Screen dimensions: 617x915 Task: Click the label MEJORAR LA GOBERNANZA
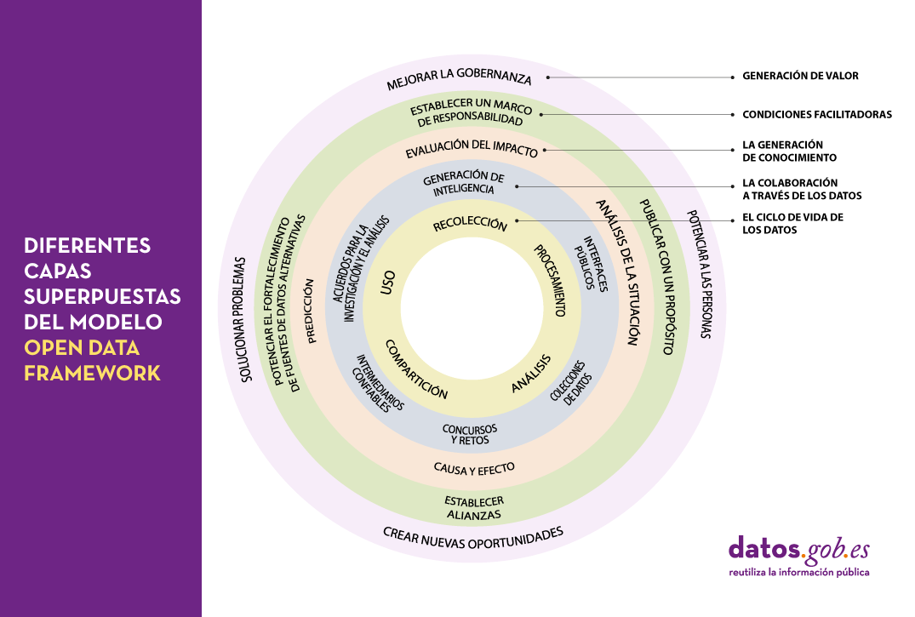(x=459, y=78)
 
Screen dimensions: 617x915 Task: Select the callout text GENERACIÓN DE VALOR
(x=800, y=76)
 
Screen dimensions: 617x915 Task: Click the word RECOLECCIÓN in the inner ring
(x=470, y=225)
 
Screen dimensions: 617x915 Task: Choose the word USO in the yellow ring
(x=388, y=285)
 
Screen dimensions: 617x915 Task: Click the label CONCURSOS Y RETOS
(x=470, y=434)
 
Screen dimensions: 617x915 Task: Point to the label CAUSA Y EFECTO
(x=474, y=468)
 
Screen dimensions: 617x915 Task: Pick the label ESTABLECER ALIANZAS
(x=474, y=507)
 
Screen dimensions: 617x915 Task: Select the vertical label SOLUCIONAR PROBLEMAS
(x=246, y=318)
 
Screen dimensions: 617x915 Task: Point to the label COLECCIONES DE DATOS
(x=571, y=387)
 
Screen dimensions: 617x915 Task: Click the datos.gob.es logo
(x=798, y=554)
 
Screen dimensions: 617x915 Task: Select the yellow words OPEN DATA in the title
(x=82, y=348)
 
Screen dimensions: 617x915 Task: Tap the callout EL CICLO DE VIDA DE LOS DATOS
(x=792, y=223)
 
